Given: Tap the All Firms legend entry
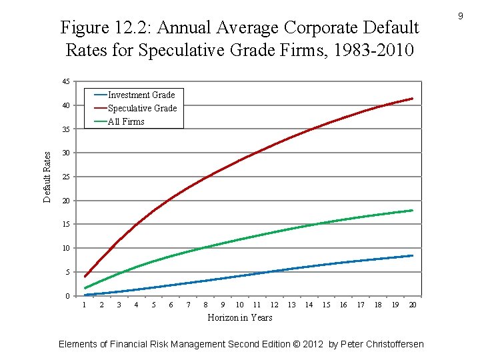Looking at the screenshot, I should [x=126, y=121].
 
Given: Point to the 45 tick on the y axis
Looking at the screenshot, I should [x=65, y=82].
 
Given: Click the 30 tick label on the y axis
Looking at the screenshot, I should [x=65, y=153].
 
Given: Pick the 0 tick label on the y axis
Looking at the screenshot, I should [x=67, y=296].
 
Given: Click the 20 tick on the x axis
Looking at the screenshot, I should [x=413, y=305].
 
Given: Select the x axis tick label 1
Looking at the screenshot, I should [x=84, y=305].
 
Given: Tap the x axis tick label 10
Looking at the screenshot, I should [x=239, y=305].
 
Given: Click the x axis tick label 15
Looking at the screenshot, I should [x=326, y=305].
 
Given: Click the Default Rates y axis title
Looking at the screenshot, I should [x=47, y=177].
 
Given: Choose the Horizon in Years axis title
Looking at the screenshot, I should [x=240, y=318].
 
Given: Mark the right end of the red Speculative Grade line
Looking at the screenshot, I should [x=413, y=99].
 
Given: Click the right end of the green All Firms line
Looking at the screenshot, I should [x=413, y=211].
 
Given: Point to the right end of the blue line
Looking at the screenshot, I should [x=413, y=255].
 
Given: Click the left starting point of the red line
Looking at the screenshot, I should [x=85, y=276].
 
